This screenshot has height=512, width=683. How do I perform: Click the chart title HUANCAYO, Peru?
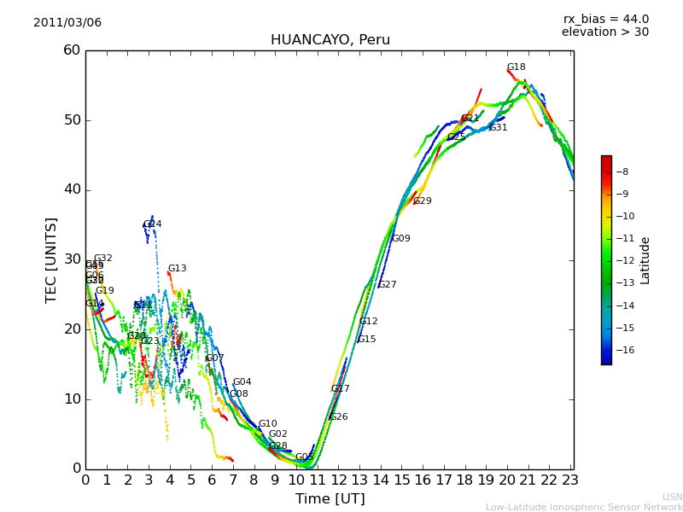pos(330,40)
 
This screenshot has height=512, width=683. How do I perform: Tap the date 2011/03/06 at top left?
pos(67,23)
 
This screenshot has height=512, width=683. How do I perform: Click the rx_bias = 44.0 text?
pos(605,20)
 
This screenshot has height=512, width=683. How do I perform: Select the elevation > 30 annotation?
pos(604,32)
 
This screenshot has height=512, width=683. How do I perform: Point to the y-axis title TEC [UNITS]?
pos(51,259)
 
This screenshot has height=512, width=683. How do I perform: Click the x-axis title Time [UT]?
pos(330,499)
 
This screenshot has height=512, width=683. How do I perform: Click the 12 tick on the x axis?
pos(338,480)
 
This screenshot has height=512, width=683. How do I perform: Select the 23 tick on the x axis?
pos(570,480)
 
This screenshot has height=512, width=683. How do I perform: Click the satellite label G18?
pos(516,67)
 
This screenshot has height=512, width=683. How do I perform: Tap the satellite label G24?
pos(152,224)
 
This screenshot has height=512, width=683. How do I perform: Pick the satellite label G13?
pos(177,269)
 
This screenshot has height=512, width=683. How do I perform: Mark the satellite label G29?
pos(422,201)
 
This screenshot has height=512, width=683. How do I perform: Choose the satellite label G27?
pos(387,285)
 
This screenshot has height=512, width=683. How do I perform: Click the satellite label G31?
pos(498,128)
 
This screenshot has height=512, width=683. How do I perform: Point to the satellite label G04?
pos(242,382)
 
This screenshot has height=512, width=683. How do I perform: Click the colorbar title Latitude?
pos(645,260)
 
